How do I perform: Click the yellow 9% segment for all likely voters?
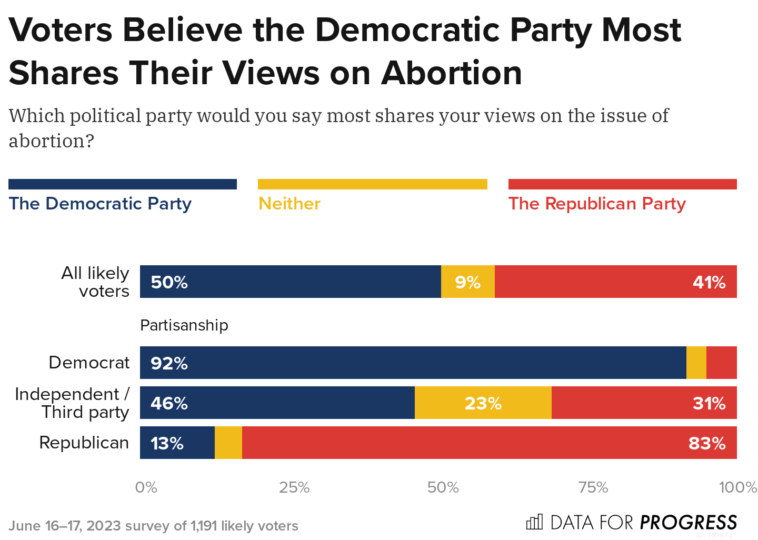click(x=467, y=282)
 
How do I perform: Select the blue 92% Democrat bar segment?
click(x=413, y=363)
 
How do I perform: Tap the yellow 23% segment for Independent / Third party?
click(x=483, y=403)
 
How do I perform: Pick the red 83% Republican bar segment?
click(x=489, y=443)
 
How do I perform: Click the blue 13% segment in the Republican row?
click(x=177, y=443)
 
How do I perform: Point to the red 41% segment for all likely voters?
click(x=615, y=282)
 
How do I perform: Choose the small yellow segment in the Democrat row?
click(x=696, y=363)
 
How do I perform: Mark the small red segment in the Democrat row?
click(x=721, y=363)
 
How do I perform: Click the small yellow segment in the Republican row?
click(x=228, y=443)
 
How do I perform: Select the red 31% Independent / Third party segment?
click(x=644, y=403)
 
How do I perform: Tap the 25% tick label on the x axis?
click(x=294, y=487)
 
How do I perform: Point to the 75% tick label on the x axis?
click(x=593, y=487)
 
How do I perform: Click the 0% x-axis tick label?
click(x=146, y=487)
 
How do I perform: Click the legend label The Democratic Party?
click(x=100, y=204)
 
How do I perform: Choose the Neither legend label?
click(x=290, y=204)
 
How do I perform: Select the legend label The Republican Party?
click(x=597, y=204)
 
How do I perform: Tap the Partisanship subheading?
click(x=184, y=325)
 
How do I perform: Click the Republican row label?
click(x=84, y=443)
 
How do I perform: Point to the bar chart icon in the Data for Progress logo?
click(x=534, y=522)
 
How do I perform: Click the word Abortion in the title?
click(x=452, y=73)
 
